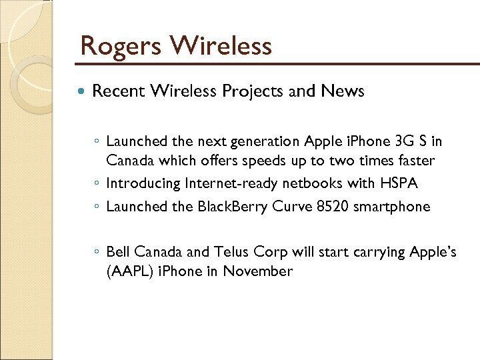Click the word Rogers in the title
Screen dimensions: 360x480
click(119, 46)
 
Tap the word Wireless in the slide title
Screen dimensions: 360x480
click(221, 45)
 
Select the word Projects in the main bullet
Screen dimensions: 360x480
click(251, 91)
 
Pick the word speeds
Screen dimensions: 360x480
click(299, 161)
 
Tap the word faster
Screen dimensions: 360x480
click(413, 161)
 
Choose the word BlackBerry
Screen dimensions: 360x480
click(233, 206)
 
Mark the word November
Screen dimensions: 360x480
click(258, 271)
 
